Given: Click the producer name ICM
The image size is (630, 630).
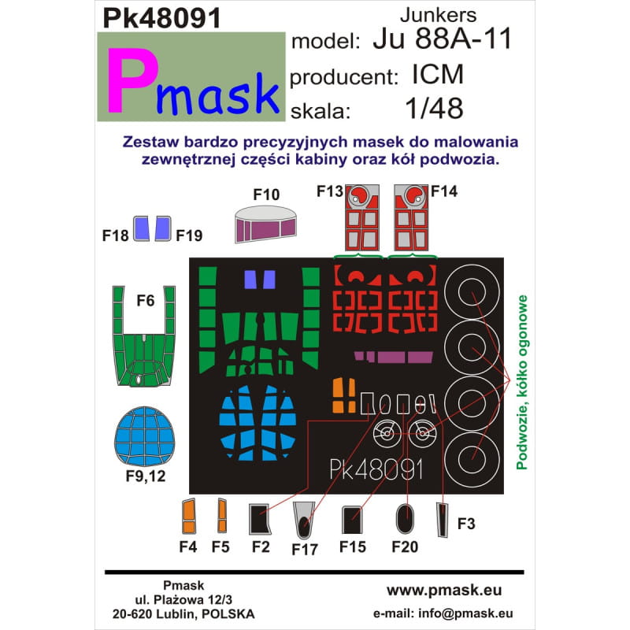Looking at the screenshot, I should tap(436, 76).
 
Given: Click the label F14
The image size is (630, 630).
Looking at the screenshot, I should tap(444, 191).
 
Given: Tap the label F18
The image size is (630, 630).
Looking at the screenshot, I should tap(117, 235).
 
